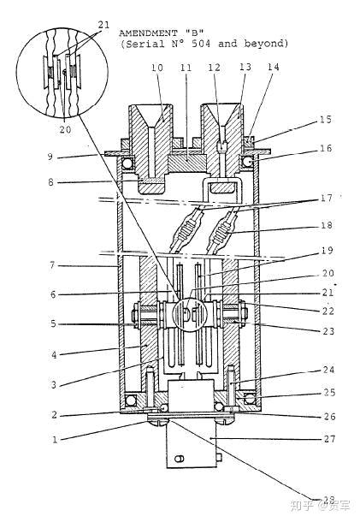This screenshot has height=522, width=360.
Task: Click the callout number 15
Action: (x=326, y=120)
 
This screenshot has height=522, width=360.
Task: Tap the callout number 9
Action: (x=50, y=157)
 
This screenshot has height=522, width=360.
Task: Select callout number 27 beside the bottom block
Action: (x=329, y=439)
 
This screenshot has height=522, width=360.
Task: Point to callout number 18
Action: (x=327, y=225)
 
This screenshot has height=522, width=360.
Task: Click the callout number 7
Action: (x=52, y=266)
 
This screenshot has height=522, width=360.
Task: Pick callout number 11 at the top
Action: (x=186, y=68)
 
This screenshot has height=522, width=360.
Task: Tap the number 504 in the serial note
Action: (x=201, y=44)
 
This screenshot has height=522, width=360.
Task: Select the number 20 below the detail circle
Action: (x=65, y=129)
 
